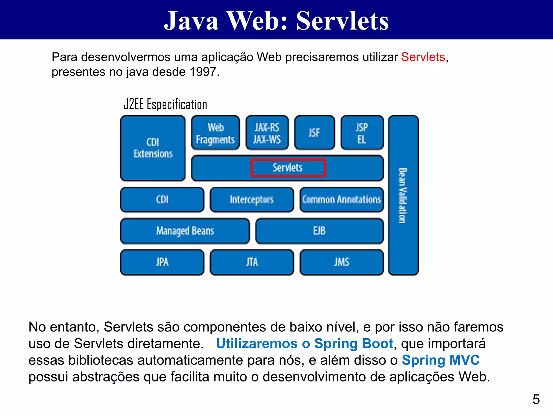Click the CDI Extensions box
click(x=153, y=148)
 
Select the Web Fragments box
click(x=215, y=133)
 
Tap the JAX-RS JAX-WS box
click(x=267, y=133)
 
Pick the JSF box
click(x=314, y=133)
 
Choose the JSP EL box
click(x=362, y=133)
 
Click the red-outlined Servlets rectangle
click(x=288, y=168)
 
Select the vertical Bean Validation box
click(x=403, y=195)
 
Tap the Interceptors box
click(x=252, y=200)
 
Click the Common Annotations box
click(x=341, y=200)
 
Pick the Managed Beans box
click(x=185, y=231)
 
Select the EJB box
click(x=319, y=231)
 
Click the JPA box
click(x=162, y=262)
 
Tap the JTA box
click(x=252, y=262)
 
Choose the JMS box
click(x=341, y=262)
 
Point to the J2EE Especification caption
click(x=165, y=104)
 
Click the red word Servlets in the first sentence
click(x=423, y=57)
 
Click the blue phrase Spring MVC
click(x=441, y=360)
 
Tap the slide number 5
click(x=536, y=399)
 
